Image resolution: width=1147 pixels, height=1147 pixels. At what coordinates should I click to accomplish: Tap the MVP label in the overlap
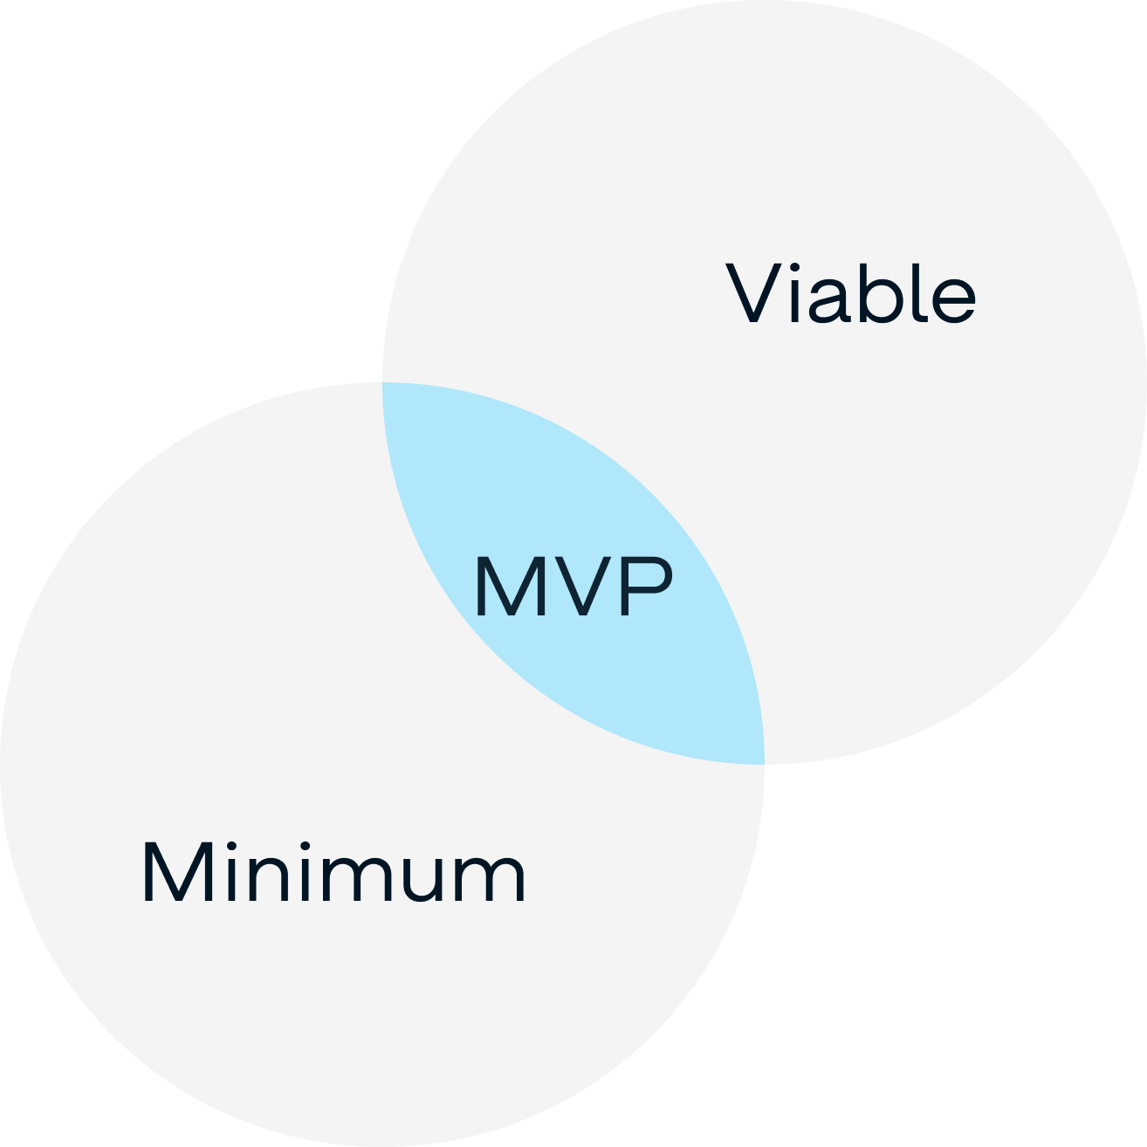573,587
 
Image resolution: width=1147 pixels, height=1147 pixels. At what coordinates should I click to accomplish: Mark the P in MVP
647,587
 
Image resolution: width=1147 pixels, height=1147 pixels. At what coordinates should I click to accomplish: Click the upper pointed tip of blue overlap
384,385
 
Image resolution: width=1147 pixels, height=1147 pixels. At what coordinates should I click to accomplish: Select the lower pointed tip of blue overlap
762,762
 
